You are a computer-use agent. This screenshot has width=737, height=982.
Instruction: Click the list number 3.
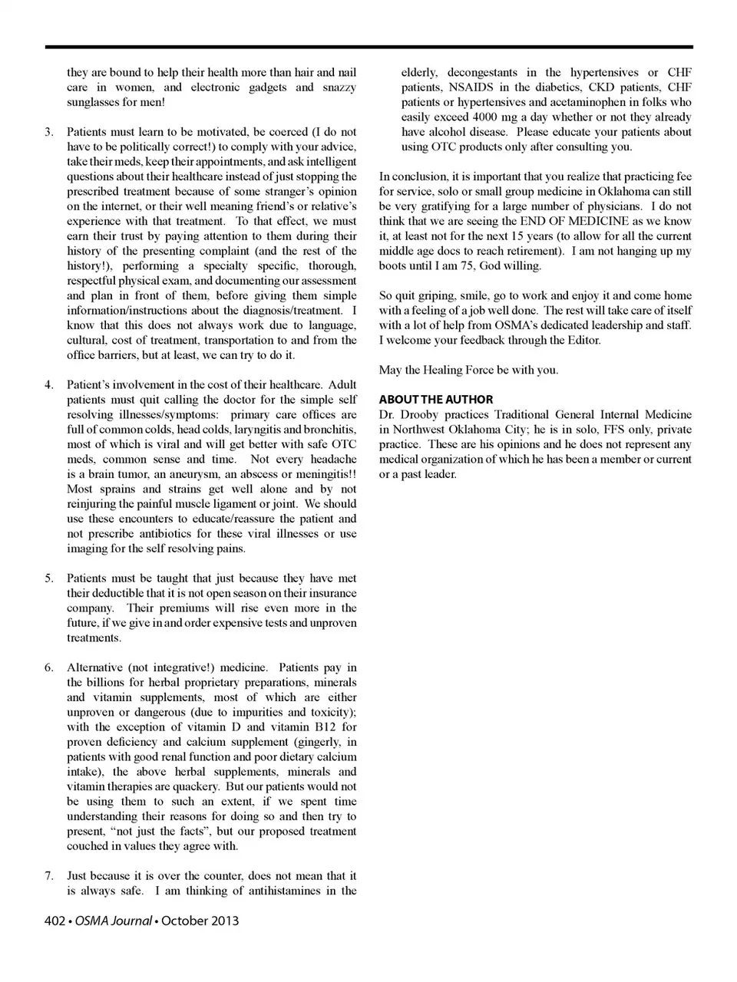point(48,132)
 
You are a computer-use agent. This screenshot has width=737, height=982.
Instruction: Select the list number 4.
point(48,384)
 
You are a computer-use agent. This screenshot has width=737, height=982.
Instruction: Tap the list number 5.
point(48,578)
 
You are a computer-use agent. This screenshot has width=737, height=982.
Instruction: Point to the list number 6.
point(48,667)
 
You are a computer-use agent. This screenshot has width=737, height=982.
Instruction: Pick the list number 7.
point(48,876)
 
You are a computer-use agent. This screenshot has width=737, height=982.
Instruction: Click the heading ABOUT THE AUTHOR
point(436,400)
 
